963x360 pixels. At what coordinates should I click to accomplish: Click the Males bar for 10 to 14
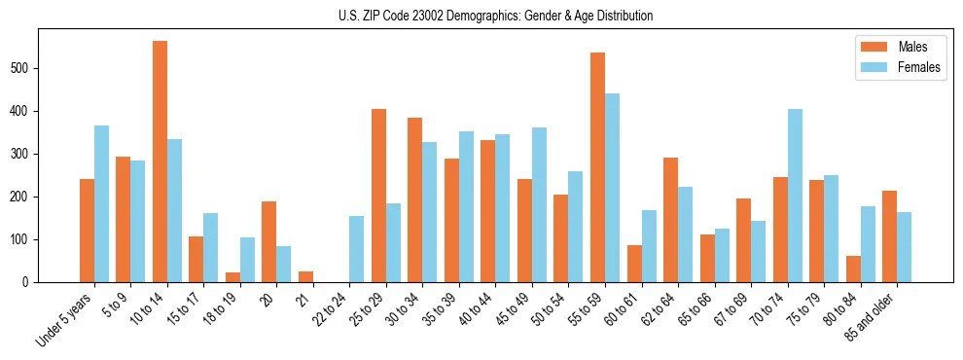coord(160,162)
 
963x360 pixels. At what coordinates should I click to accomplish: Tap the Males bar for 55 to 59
coord(597,167)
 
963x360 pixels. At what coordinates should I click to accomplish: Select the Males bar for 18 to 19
coord(232,277)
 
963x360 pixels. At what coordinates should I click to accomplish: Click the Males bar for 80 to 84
coord(853,269)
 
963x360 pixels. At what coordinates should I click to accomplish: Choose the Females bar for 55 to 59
coord(612,188)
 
